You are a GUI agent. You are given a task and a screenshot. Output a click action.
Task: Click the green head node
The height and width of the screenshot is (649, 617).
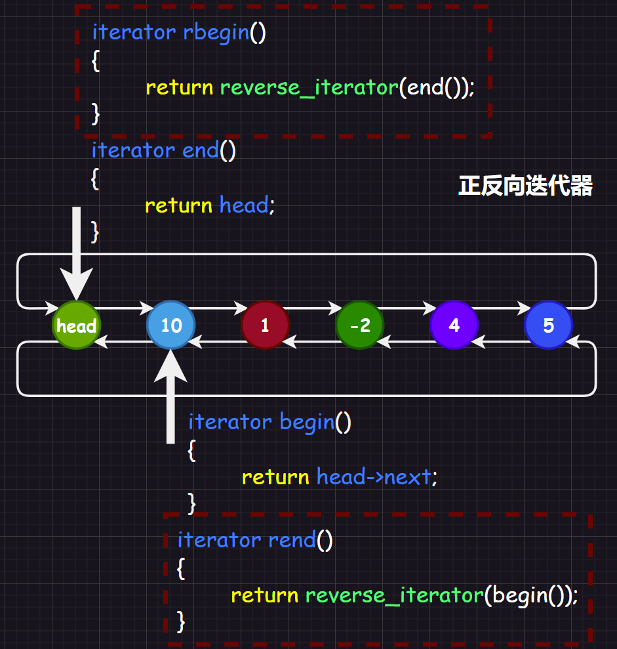pos(76,325)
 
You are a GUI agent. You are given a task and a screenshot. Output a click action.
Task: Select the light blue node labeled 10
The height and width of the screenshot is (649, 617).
pos(170,325)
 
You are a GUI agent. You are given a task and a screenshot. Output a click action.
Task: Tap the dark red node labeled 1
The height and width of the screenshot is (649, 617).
pos(265,325)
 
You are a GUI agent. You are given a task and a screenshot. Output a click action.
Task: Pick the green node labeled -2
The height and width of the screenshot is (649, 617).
pos(359,325)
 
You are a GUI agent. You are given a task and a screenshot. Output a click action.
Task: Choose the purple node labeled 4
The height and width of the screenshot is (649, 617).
pos(454,325)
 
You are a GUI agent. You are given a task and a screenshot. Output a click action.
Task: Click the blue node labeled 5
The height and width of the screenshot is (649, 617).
pos(548,325)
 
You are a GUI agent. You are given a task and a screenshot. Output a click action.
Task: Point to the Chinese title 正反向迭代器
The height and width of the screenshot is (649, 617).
pos(525,186)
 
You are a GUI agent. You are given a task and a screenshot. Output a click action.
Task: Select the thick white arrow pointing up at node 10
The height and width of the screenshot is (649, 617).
pos(170,400)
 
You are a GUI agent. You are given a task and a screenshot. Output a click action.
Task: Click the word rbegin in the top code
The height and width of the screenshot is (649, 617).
pos(216,32)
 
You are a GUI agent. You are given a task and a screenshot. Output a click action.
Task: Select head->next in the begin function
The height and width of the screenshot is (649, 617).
pos(374,476)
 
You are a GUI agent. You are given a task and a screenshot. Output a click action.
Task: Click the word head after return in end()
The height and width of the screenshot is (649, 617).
pos(244,205)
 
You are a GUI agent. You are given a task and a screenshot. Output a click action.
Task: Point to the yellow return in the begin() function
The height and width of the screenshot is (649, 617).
pos(275,476)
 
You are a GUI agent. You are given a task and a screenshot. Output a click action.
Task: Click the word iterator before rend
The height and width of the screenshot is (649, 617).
pos(219,540)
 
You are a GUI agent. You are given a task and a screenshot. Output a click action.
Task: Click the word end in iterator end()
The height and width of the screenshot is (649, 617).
pos(201,150)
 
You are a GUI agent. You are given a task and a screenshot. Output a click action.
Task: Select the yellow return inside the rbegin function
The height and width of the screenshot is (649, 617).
pos(179,87)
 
